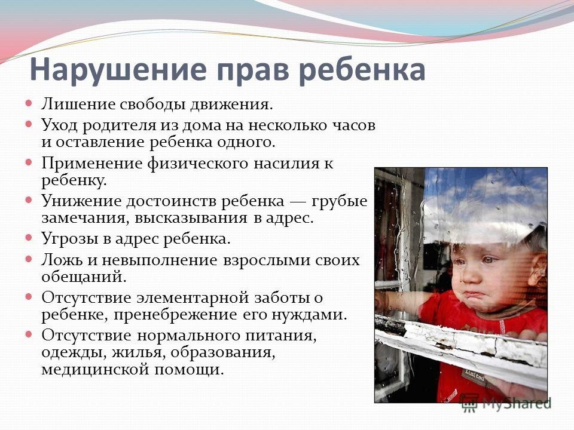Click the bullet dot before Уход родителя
pos(29,124)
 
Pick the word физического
pos(198,164)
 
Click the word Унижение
pos(82,201)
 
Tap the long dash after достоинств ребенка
pos(298,201)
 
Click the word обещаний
pos(84,277)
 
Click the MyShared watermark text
pos(516,404)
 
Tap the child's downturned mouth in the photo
pos(474,294)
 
